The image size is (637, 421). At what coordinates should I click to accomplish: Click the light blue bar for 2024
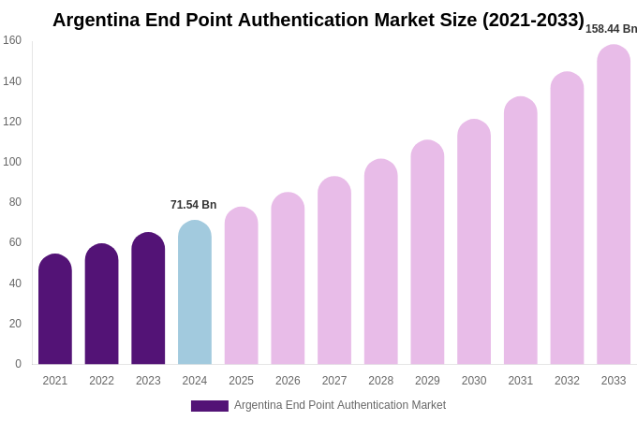(x=195, y=293)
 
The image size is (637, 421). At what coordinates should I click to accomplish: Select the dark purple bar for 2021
(x=55, y=310)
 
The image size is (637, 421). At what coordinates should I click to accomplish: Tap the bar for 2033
(x=614, y=205)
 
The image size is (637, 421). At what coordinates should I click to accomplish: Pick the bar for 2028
(x=381, y=262)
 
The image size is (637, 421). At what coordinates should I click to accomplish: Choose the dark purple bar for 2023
(x=148, y=298)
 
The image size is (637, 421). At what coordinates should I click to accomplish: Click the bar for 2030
(x=474, y=242)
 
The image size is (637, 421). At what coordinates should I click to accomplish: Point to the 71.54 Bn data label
(x=193, y=205)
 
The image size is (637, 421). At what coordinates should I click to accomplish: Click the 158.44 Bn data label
(x=611, y=29)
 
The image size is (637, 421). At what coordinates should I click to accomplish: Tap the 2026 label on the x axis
(x=288, y=381)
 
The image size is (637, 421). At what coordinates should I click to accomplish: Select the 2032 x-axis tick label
(x=567, y=381)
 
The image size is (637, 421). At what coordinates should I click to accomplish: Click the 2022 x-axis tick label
(x=101, y=381)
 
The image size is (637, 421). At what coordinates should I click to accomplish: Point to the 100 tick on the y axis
(x=12, y=162)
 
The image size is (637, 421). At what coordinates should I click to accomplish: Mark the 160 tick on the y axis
(x=12, y=40)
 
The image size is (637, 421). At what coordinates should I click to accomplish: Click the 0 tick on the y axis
(x=18, y=364)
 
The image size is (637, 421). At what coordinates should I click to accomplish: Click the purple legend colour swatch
(x=209, y=406)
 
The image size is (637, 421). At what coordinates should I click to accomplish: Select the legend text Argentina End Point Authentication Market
(x=340, y=405)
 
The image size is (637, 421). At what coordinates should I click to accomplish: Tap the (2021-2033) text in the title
(x=533, y=20)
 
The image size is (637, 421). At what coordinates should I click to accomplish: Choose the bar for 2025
(x=242, y=286)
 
